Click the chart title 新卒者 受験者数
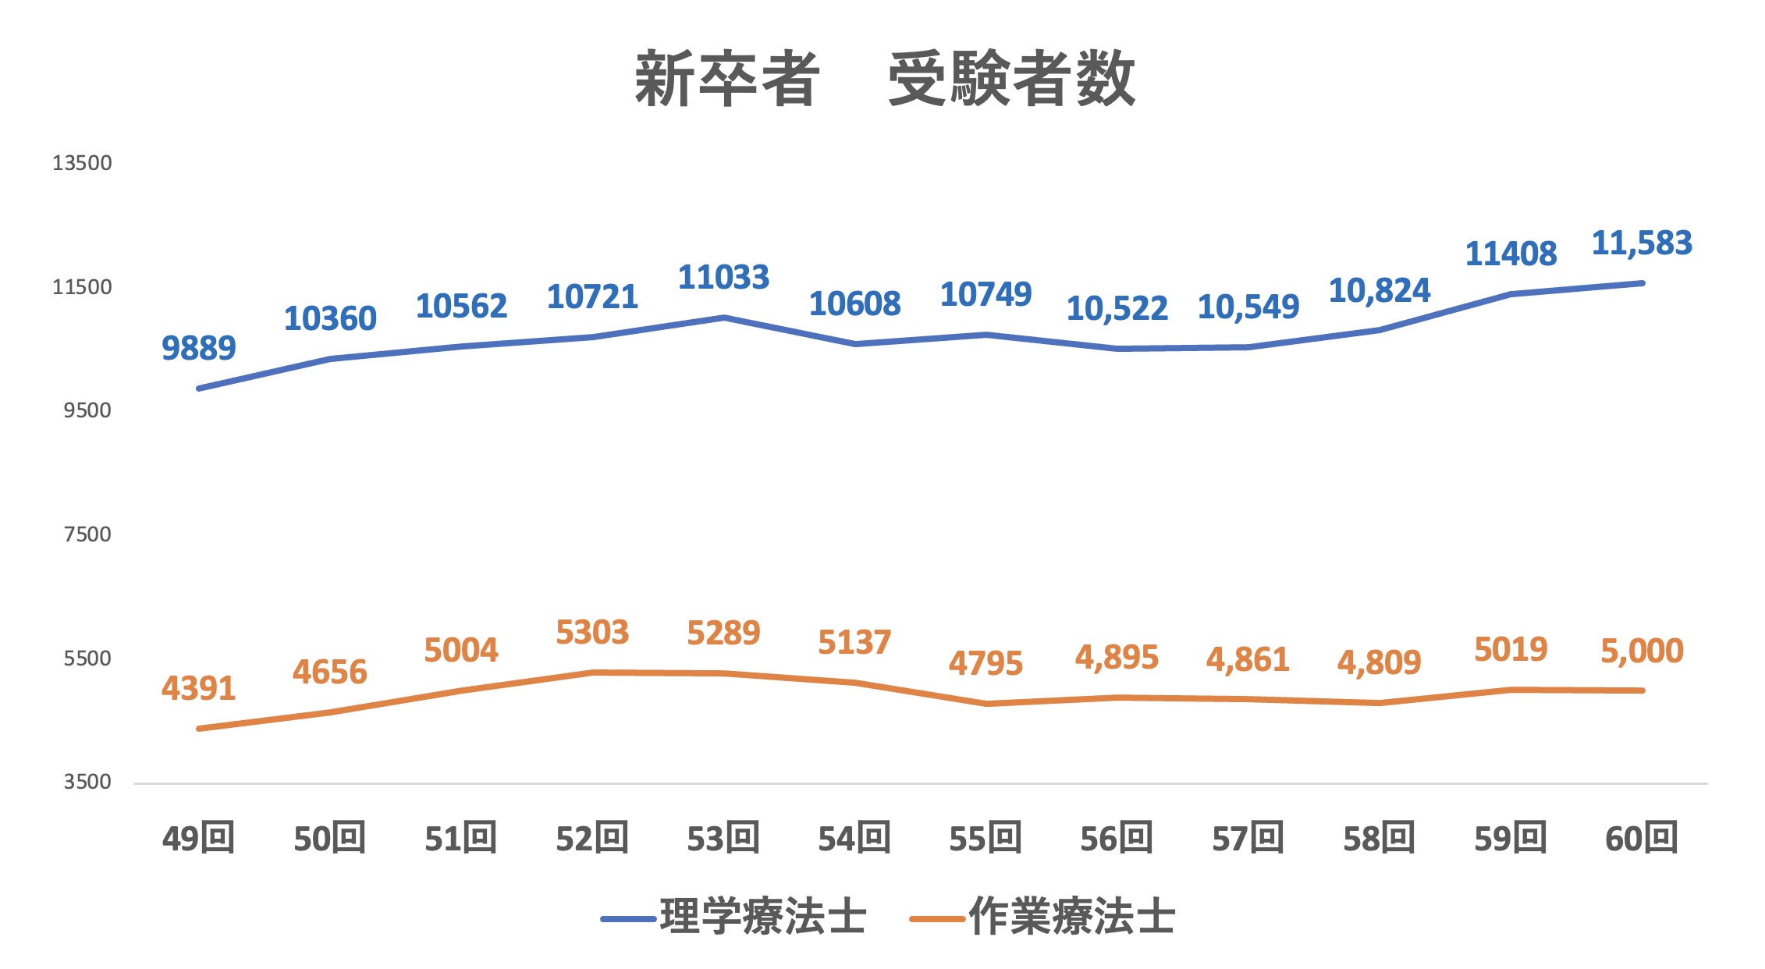(x=884, y=79)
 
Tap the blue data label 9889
(x=198, y=348)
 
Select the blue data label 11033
(x=723, y=278)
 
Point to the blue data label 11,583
(x=1642, y=243)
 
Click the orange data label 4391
(x=198, y=689)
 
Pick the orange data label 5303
(x=592, y=633)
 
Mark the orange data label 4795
(x=985, y=664)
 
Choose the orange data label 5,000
(x=1642, y=651)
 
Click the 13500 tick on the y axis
(x=82, y=163)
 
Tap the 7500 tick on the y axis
(x=87, y=534)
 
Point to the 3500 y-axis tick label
(x=87, y=782)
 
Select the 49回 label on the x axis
(x=198, y=839)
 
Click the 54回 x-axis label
(x=854, y=839)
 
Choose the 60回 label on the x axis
(x=1642, y=839)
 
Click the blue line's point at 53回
(x=724, y=318)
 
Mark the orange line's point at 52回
(x=593, y=673)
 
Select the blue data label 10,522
(x=1117, y=309)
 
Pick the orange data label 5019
(x=1511, y=650)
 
